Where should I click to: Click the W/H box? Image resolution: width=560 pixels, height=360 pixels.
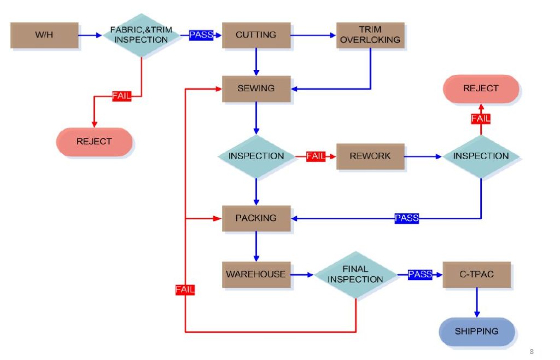click(44, 35)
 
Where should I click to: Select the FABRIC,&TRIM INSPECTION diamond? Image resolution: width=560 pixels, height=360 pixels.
click(142, 35)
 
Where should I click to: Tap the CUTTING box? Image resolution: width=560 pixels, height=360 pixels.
click(256, 35)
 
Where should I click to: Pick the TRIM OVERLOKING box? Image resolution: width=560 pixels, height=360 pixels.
click(370, 35)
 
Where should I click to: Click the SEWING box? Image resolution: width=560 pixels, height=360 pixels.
click(256, 88)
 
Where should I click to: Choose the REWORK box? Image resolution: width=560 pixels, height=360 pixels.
click(370, 156)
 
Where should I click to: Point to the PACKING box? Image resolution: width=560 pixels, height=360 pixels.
click(256, 218)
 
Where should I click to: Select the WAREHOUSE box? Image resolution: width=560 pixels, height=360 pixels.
click(256, 274)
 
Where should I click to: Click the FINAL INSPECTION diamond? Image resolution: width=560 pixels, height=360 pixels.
click(355, 274)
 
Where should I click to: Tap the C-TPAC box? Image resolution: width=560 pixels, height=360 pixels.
click(476, 274)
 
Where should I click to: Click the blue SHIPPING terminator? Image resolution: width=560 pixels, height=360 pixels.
click(477, 332)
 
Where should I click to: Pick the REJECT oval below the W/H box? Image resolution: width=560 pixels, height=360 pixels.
click(94, 142)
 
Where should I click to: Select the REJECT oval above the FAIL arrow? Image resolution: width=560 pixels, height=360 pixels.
click(481, 89)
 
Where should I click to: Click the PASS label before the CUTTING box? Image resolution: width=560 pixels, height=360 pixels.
click(201, 35)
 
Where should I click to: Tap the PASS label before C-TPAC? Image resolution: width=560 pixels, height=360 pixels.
click(420, 274)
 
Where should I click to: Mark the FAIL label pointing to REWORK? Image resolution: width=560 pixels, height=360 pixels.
click(316, 156)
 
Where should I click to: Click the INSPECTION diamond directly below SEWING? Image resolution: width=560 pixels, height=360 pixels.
click(256, 156)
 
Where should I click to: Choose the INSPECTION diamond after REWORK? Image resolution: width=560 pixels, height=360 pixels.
click(481, 156)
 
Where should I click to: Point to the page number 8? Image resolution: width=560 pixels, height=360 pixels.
click(531, 351)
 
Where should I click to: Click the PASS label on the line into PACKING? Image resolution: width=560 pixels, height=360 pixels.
click(406, 218)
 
